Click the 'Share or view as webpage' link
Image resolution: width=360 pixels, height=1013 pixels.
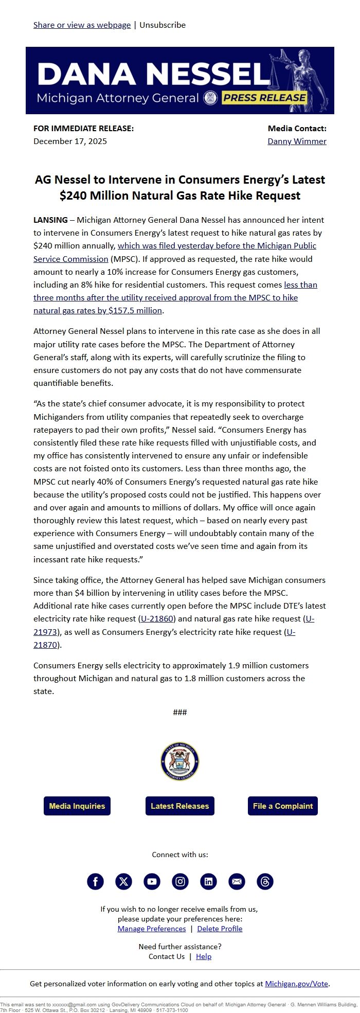tap(82, 25)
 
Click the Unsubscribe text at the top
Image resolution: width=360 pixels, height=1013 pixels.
tap(163, 25)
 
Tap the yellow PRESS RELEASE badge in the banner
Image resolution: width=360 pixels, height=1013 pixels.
tap(264, 98)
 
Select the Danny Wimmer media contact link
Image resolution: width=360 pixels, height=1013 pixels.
tap(297, 141)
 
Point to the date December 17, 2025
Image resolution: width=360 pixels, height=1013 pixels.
tap(70, 141)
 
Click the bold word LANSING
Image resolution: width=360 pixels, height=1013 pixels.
tap(50, 220)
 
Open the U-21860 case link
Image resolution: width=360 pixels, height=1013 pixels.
tap(157, 618)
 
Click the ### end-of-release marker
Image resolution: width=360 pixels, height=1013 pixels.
tap(180, 712)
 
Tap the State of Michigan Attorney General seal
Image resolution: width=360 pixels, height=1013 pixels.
tap(180, 761)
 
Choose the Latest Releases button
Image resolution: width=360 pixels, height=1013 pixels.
tap(180, 806)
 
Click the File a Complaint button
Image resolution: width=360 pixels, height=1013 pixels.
tap(283, 806)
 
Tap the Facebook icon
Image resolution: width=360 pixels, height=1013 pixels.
tap(95, 881)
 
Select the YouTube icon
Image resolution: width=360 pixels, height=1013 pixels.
tap(152, 881)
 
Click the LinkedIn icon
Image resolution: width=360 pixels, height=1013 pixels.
tap(208, 881)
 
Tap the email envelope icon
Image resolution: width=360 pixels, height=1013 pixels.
tap(237, 881)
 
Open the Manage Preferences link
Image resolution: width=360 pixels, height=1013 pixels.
tap(152, 929)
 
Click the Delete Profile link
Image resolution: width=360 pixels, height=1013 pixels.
tap(220, 929)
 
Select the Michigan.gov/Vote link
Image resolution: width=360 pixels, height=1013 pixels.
tap(296, 984)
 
